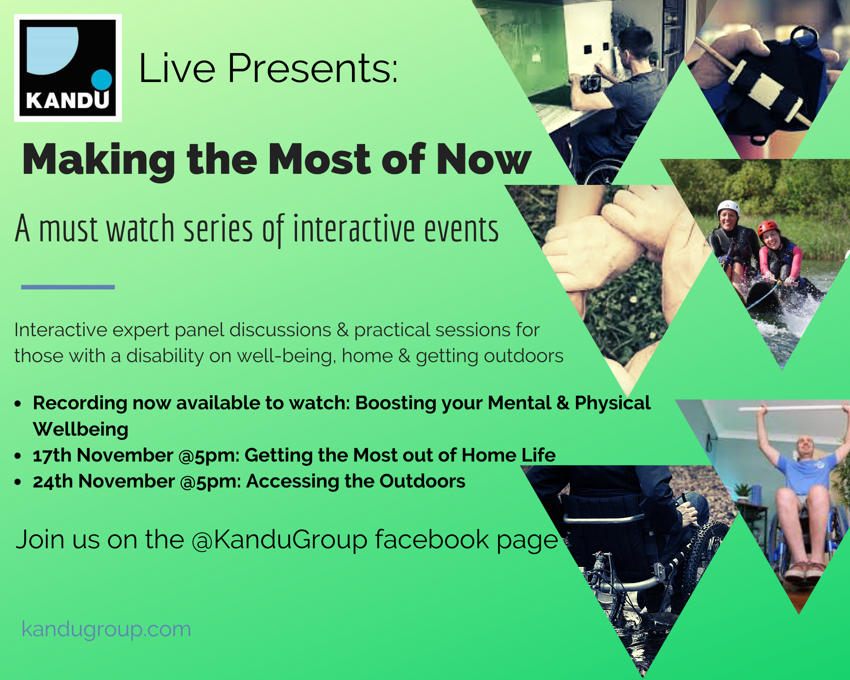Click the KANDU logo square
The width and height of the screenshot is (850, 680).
pos(68,68)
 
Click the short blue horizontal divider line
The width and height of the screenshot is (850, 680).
pos(68,287)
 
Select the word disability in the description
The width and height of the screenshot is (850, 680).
pos(165,356)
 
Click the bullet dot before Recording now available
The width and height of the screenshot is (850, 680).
pos(18,403)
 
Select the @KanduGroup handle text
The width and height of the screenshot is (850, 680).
pos(280,540)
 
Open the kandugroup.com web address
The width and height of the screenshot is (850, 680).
pos(106,629)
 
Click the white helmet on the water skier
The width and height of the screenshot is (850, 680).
pos(728,207)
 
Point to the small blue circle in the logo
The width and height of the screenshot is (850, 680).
pos(102,79)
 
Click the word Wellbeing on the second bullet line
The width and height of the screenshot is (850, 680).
pos(81,429)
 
